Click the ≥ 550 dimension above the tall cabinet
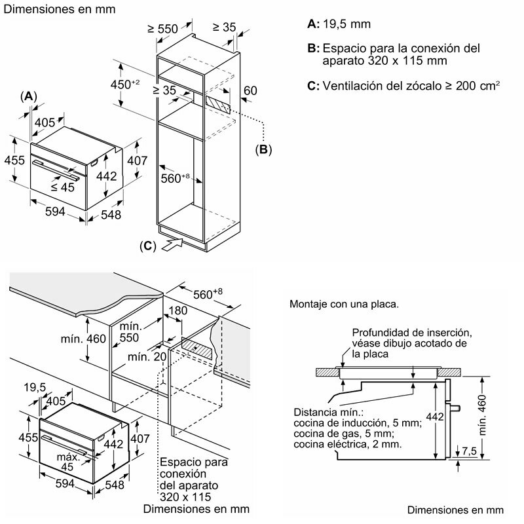coord(162,29)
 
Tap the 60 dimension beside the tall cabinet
coord(251,90)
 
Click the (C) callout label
coord(149,246)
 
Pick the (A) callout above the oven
coord(28,96)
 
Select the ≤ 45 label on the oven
coord(63,187)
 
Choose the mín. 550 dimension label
coord(131,331)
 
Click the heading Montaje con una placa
coord(344,305)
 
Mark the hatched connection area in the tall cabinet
coord(217,103)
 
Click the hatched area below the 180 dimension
coord(196,347)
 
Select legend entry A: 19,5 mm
coord(339,24)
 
